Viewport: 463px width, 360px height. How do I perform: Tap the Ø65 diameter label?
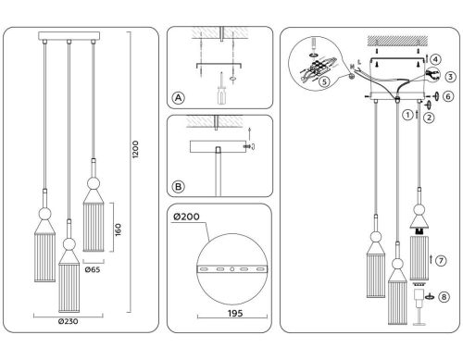[x=94, y=271]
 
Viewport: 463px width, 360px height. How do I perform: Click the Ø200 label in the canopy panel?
[x=187, y=217]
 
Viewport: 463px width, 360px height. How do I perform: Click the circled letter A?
[x=178, y=97]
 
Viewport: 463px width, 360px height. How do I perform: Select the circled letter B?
[x=178, y=186]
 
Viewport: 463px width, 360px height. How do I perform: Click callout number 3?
[x=448, y=76]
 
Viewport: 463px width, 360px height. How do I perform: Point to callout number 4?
[x=435, y=58]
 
